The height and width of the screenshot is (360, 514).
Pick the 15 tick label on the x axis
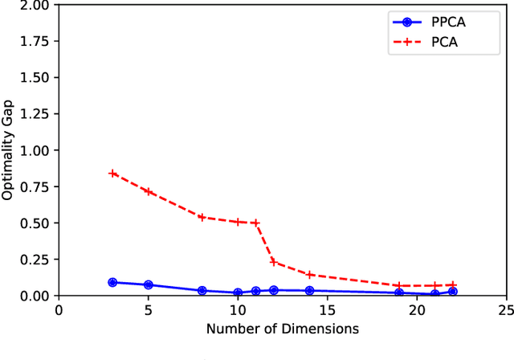[327, 309]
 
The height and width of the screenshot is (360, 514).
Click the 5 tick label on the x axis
[148, 309]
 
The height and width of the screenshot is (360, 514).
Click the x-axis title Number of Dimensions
[282, 329]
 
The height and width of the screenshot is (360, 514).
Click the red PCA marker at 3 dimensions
[112, 174]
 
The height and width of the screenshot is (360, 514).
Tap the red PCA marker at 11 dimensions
[255, 223]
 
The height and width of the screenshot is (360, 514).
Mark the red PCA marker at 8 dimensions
[202, 217]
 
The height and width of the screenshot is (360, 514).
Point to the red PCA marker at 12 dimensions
[273, 262]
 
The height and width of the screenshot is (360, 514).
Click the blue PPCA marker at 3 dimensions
[112, 283]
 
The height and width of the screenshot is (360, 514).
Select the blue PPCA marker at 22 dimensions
[452, 292]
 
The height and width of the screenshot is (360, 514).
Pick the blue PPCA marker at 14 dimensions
[309, 290]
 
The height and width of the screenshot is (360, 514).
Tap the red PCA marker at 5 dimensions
[148, 191]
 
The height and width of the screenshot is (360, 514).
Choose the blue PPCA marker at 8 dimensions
[202, 290]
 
